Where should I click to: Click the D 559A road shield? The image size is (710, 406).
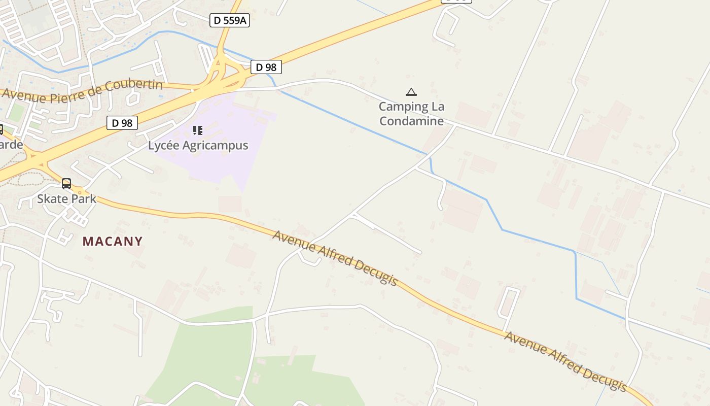point(230,20)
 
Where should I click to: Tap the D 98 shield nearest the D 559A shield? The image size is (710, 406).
point(266,67)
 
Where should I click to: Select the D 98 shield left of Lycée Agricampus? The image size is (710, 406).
point(122,123)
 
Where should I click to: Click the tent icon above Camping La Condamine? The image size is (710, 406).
point(411,92)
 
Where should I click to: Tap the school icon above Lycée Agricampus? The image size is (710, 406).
point(198,130)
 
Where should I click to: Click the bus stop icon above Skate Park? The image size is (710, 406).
point(66,184)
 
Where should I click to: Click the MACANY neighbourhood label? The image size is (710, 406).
point(113,241)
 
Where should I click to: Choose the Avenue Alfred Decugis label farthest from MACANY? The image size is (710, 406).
point(565,361)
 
